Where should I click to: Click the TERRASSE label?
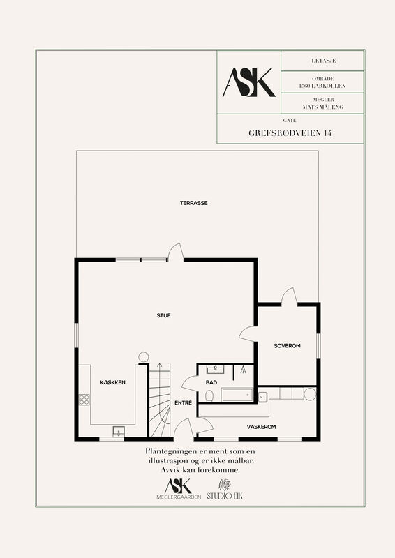pyautogui.click(x=193, y=203)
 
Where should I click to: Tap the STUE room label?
pyautogui.click(x=163, y=315)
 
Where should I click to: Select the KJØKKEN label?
pyautogui.click(x=112, y=382)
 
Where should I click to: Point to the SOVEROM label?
pyautogui.click(x=287, y=345)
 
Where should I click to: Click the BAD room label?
pyautogui.click(x=211, y=382)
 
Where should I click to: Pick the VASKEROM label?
pyautogui.click(x=261, y=427)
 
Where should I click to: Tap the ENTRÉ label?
pyautogui.click(x=183, y=403)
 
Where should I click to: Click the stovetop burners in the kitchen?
pyautogui.click(x=84, y=400)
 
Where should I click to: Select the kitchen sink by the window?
pyautogui.click(x=118, y=431)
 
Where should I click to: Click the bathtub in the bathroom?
pyautogui.click(x=237, y=395)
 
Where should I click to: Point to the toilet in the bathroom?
pyautogui.click(x=209, y=395)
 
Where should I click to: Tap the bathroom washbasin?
pyautogui.click(x=216, y=370)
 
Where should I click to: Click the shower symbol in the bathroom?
pyautogui.click(x=244, y=370)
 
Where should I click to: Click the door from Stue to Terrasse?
pyautogui.click(x=176, y=252)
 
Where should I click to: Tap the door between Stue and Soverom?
pyautogui.click(x=248, y=334)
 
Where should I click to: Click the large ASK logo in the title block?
pyautogui.click(x=248, y=82)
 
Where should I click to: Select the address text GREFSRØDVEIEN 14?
pyautogui.click(x=290, y=133)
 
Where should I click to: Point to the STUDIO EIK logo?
pyautogui.click(x=225, y=490)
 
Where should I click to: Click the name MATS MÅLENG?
pyautogui.click(x=323, y=107)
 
